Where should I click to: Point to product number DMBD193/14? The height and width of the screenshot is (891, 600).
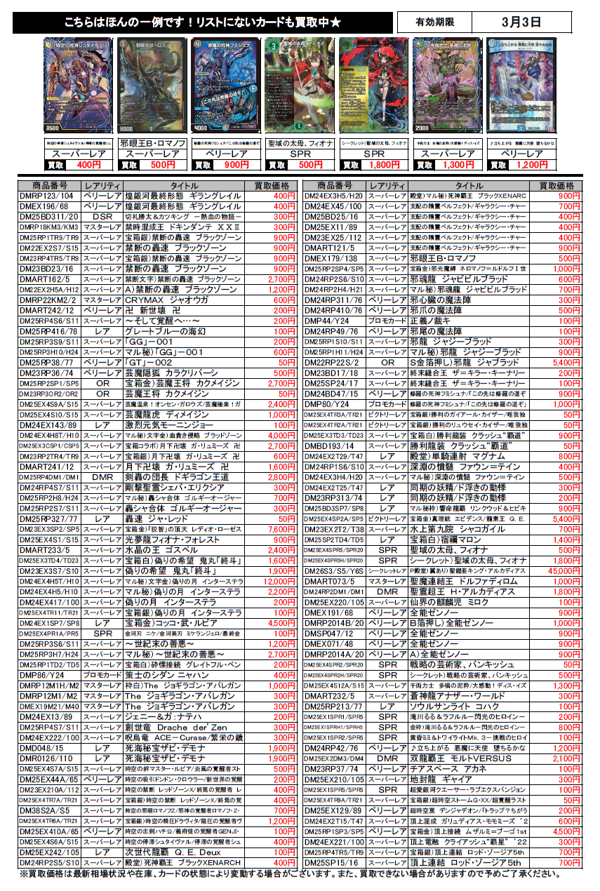pyautogui.click(x=335, y=445)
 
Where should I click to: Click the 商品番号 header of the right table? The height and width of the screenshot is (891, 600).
pyautogui.click(x=335, y=185)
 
